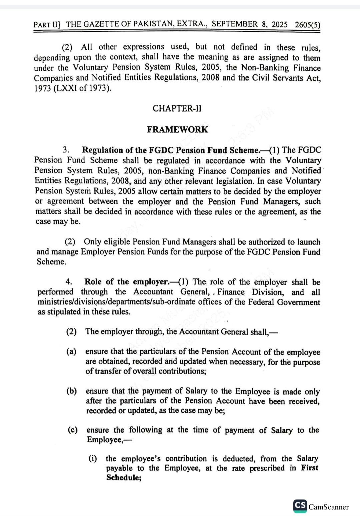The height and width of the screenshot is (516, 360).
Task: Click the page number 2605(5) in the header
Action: coord(307,24)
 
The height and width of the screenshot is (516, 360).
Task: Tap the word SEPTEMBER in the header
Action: coord(235,24)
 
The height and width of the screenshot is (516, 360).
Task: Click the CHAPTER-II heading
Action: coord(177,109)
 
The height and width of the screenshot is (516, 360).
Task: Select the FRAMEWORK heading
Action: coord(177,130)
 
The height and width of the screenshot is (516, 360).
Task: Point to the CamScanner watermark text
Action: coord(328,507)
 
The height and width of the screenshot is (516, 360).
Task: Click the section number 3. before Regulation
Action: coord(66,150)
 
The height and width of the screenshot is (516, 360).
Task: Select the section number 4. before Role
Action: coord(69,282)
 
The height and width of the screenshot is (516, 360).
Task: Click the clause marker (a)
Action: coord(71,352)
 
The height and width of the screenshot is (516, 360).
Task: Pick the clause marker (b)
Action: coord(72,391)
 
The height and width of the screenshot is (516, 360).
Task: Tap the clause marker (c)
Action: coord(72,430)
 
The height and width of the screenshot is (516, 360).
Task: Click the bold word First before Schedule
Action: coord(309,468)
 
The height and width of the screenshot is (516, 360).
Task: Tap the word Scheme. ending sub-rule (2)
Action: coord(51,262)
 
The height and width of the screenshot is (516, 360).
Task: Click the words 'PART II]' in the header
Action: coord(47,25)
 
